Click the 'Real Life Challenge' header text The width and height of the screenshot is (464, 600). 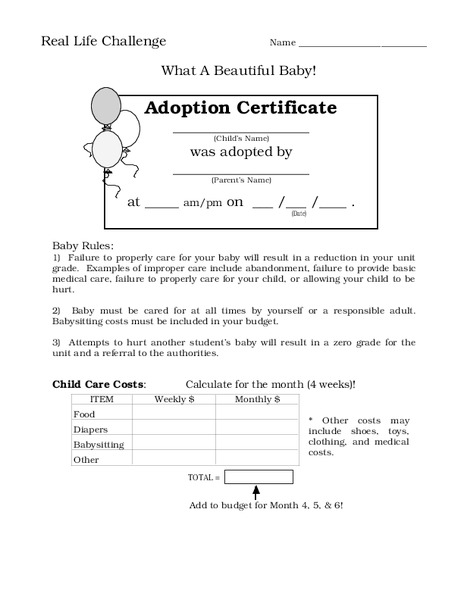(103, 42)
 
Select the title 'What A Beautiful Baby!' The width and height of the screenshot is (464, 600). (239, 72)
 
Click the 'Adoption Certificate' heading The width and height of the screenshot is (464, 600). (241, 108)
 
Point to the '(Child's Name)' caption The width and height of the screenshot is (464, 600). (241, 137)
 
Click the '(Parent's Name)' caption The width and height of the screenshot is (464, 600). (241, 180)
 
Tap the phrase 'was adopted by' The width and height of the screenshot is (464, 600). (241, 152)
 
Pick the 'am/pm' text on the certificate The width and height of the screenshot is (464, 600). (203, 203)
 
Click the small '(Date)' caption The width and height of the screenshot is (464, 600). (298, 214)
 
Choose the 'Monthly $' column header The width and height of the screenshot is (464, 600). (257, 399)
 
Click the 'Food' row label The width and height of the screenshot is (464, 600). (84, 414)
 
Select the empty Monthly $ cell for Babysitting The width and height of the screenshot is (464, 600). (257, 444)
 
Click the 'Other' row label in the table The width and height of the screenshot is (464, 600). (86, 459)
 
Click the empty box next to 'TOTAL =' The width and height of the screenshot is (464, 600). (258, 477)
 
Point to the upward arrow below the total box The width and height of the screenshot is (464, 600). (257, 491)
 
